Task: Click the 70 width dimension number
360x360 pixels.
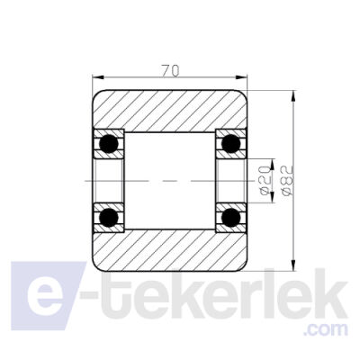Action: (170, 71)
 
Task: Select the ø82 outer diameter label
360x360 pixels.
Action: (286, 180)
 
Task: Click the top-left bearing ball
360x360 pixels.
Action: (109, 144)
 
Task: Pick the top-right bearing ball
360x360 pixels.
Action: (230, 144)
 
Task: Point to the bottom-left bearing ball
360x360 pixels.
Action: (109, 217)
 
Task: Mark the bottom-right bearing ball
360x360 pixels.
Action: (230, 217)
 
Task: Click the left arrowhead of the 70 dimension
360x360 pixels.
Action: (98, 77)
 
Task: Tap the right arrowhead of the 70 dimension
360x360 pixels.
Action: (241, 77)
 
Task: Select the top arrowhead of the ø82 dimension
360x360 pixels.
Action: (293, 96)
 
